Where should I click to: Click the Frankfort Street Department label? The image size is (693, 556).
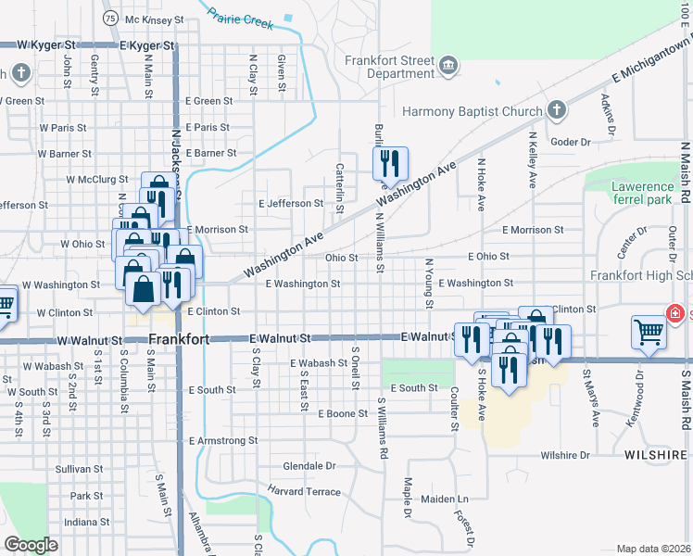(x=388, y=67)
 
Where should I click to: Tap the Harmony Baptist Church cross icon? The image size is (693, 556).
(x=557, y=111)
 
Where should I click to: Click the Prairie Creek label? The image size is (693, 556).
(x=240, y=18)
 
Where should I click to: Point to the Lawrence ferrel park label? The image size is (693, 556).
(x=641, y=193)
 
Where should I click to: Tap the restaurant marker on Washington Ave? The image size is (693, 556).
(x=390, y=164)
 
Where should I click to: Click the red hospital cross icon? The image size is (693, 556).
(x=675, y=314)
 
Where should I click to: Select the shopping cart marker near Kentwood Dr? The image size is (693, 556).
(x=649, y=331)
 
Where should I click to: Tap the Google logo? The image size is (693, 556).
(x=31, y=545)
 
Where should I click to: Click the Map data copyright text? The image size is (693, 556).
(x=654, y=549)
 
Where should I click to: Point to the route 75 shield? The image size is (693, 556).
(x=110, y=19)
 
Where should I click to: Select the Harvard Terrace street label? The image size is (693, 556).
(x=304, y=489)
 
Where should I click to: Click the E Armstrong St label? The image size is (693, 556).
(x=222, y=441)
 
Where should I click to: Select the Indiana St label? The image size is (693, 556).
(x=87, y=522)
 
